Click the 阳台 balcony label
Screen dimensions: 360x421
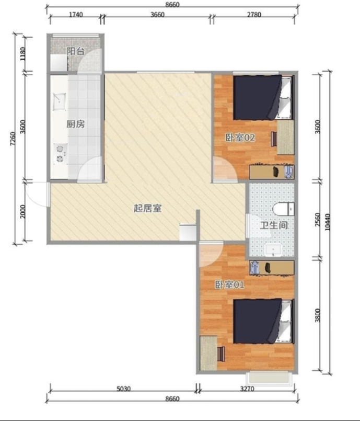pyautogui.click(x=76, y=51)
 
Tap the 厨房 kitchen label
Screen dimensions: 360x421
pyautogui.click(x=76, y=124)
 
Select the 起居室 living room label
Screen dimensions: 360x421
pyautogui.click(x=147, y=208)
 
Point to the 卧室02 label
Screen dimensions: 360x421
pyautogui.click(x=240, y=138)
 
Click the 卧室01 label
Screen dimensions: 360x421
pyautogui.click(x=229, y=285)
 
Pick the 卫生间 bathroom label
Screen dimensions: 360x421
pyautogui.click(x=274, y=225)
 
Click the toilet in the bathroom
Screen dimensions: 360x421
pyautogui.click(x=283, y=209)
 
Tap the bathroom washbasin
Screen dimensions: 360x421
pyautogui.click(x=273, y=250)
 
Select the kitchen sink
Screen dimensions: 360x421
pyautogui.click(x=59, y=101)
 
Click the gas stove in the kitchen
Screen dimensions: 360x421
pyautogui.click(x=60, y=154)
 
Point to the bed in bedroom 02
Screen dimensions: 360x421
pyautogui.click(x=262, y=97)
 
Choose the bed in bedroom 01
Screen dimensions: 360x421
pyautogui.click(x=262, y=321)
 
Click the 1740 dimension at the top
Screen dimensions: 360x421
pyautogui.click(x=76, y=15)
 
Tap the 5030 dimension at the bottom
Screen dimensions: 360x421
pyautogui.click(x=124, y=389)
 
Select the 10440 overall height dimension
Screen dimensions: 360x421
pyautogui.click(x=327, y=222)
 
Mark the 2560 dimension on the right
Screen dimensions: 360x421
pyautogui.click(x=318, y=220)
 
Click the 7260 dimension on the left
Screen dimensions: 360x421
pyautogui.click(x=13, y=139)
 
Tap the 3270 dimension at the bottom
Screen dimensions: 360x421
pyautogui.click(x=247, y=389)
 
